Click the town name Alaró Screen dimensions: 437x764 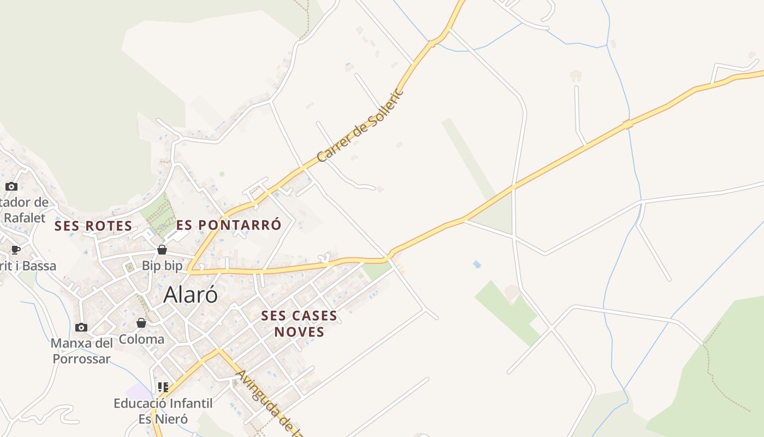click(190, 294)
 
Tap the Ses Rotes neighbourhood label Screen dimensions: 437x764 click(93, 226)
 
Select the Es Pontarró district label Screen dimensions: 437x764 click(229, 225)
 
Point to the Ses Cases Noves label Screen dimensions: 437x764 click(299, 323)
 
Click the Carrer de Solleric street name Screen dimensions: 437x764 click(360, 125)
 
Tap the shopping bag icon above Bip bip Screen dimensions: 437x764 click(162, 250)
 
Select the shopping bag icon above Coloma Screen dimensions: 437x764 click(141, 323)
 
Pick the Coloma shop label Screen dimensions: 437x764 click(141, 339)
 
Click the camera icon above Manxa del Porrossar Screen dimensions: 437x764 click(81, 327)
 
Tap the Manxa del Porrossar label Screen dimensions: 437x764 click(82, 351)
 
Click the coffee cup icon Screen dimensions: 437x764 click(16, 250)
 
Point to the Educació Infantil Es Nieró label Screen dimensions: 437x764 click(163, 411)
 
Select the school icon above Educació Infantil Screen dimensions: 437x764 click(163, 387)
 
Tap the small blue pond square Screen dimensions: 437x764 click(477, 264)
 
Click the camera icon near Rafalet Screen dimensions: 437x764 click(11, 186)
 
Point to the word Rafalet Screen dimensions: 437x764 click(25, 217)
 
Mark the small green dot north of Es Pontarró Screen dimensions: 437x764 click(222, 174)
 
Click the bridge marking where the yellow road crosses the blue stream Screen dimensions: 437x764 click(628, 125)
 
